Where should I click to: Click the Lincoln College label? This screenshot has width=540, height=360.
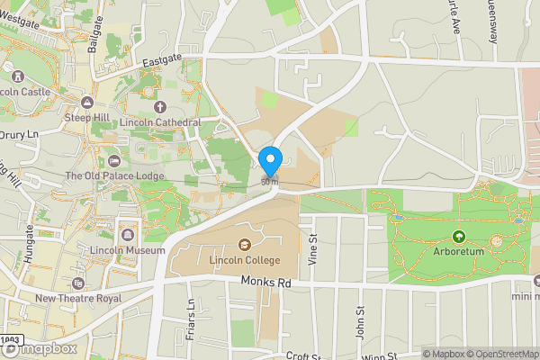(x=245, y=260)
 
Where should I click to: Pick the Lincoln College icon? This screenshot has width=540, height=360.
(x=244, y=244)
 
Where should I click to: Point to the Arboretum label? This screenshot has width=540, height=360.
(x=459, y=253)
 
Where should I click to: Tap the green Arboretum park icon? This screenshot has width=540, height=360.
(x=459, y=238)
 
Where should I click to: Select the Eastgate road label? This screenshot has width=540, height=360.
(x=163, y=59)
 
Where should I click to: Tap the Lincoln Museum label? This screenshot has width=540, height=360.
(x=127, y=250)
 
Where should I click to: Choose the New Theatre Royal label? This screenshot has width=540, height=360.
(x=78, y=298)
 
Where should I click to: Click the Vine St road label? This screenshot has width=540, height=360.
(x=313, y=248)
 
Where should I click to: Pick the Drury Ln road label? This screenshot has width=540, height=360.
(x=22, y=135)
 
